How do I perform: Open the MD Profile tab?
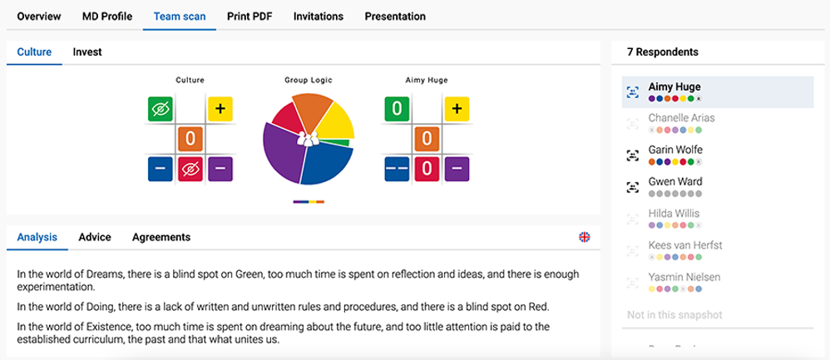pyautogui.click(x=107, y=17)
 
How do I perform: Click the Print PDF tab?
pyautogui.click(x=249, y=17)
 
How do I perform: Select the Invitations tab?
pyautogui.click(x=319, y=17)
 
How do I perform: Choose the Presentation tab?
pyautogui.click(x=395, y=17)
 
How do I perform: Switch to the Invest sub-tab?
pyautogui.click(x=87, y=52)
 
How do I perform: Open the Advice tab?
pyautogui.click(x=95, y=237)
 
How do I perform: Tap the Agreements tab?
pyautogui.click(x=161, y=237)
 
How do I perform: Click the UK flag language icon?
pyautogui.click(x=585, y=237)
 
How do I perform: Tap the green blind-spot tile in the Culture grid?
pyautogui.click(x=161, y=109)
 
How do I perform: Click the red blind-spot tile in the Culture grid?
pyautogui.click(x=190, y=169)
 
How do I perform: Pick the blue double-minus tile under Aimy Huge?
pyautogui.click(x=397, y=169)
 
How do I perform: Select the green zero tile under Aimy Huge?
pyautogui.click(x=397, y=109)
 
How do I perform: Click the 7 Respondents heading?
pyautogui.click(x=662, y=52)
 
